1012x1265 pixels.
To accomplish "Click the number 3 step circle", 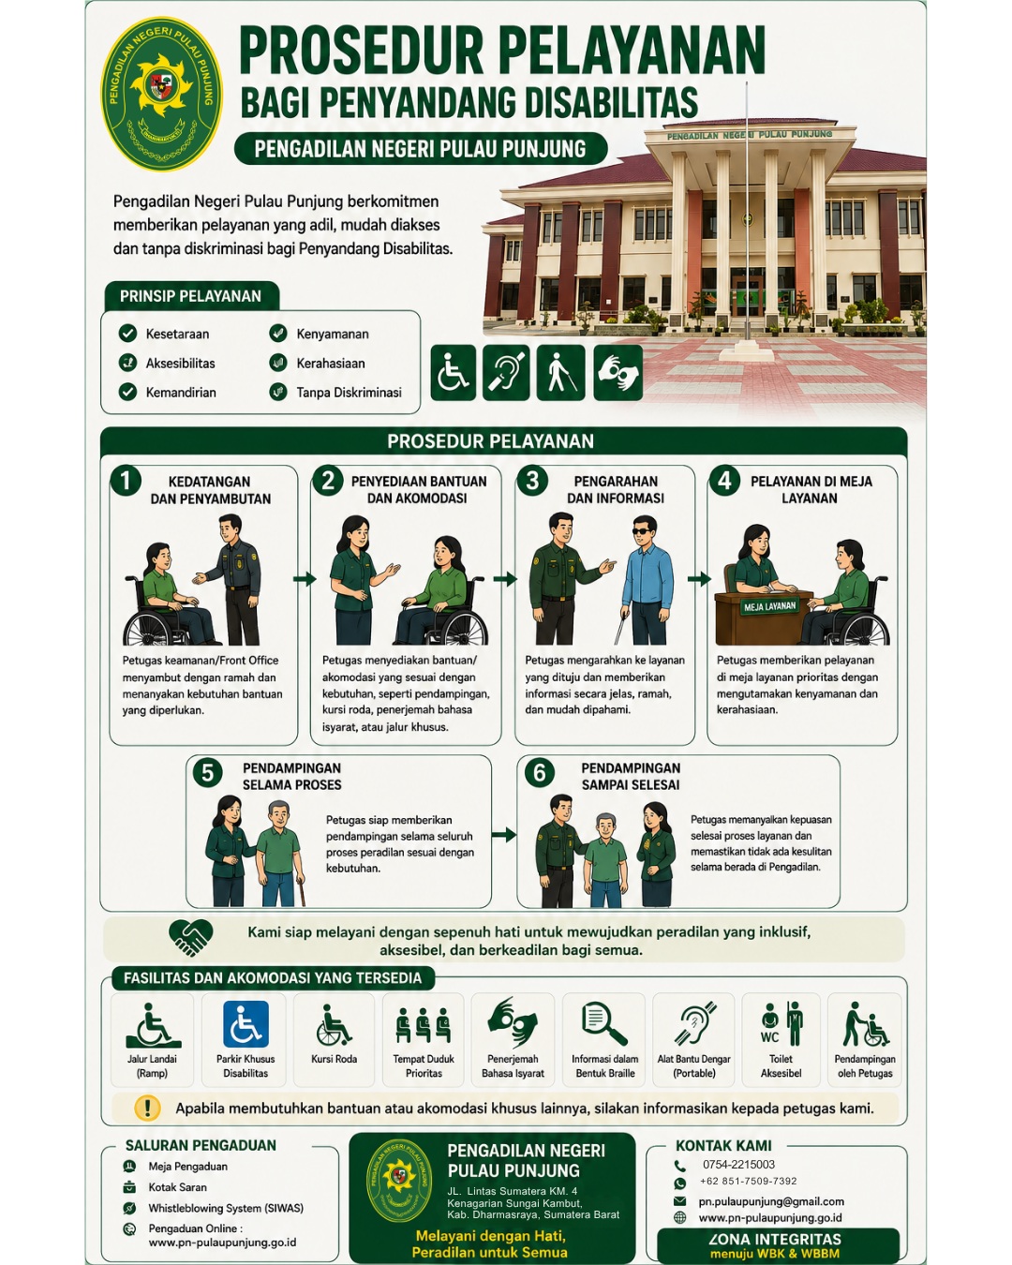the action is point(532,481).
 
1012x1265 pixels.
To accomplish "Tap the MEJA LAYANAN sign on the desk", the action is point(769,606).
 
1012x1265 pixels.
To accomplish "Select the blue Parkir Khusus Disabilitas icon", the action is point(246,1024).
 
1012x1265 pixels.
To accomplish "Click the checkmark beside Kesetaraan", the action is point(127,334).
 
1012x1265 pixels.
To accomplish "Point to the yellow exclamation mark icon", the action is point(147,1109).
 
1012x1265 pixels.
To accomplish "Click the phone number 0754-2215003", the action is point(738,1165).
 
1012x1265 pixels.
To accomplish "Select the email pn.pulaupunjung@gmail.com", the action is point(771,1201).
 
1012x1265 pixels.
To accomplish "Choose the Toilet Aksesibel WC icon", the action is point(781,1024).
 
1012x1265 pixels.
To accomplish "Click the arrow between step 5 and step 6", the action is point(504,834).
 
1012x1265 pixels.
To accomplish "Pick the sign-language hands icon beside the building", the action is point(618,373).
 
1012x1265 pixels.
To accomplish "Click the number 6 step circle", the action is point(539,772).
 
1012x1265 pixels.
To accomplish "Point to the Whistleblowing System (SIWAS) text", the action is point(226,1208).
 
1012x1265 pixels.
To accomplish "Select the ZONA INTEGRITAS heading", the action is point(775,1239).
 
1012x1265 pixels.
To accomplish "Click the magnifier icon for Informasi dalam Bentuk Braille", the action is point(603,1024).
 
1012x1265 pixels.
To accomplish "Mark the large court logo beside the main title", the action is point(162,94).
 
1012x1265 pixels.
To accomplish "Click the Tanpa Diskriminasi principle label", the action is point(349,393).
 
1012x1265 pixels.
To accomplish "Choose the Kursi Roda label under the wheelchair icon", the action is point(334,1059).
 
